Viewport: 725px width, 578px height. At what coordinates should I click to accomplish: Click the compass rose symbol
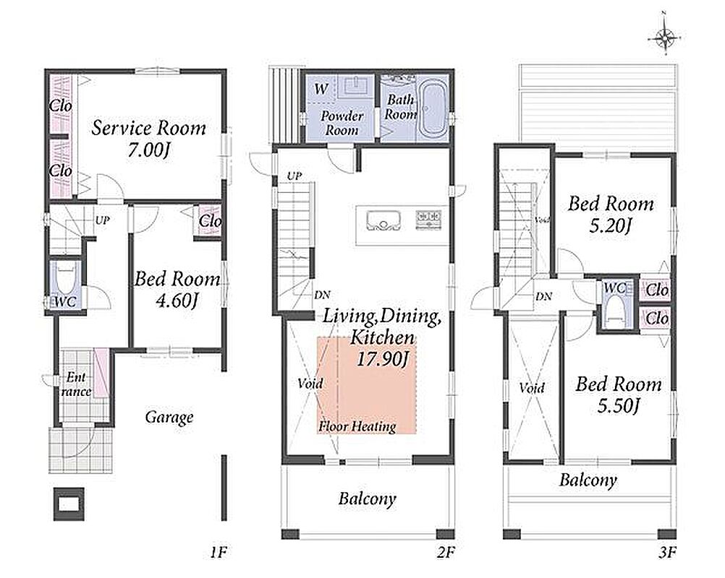tap(665, 37)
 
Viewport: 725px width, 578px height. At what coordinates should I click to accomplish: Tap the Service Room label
tap(148, 129)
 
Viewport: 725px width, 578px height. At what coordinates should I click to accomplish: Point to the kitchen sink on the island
tap(383, 220)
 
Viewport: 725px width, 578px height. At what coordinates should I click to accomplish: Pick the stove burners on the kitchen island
tap(428, 218)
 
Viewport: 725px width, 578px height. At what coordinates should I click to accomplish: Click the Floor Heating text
tap(357, 426)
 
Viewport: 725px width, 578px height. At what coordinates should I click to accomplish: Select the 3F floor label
tap(668, 552)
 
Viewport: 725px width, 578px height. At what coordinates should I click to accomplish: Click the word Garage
tap(169, 418)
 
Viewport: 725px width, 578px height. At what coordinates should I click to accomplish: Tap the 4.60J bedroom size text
tap(177, 301)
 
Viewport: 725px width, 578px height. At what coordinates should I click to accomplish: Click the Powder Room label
tap(342, 123)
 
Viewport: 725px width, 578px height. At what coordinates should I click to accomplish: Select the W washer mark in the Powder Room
tap(321, 88)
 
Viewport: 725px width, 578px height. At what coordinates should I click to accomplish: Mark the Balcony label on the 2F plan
tap(367, 499)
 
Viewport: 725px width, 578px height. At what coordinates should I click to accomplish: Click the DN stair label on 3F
tap(544, 296)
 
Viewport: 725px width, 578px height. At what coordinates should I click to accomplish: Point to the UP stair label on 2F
tap(294, 176)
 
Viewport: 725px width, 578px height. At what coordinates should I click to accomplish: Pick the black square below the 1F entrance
tap(69, 504)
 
